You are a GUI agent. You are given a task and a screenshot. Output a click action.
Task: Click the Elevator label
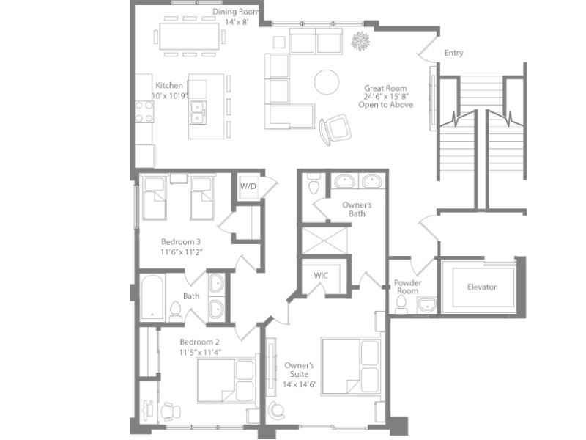pos(482,287)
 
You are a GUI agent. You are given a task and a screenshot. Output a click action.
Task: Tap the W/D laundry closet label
pos(248,186)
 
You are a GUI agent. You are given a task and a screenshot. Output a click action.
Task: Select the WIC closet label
pos(321,276)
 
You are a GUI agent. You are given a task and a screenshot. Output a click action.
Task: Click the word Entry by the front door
pos(453,53)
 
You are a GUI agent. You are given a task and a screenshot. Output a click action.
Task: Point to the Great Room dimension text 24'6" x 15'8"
pos(386,97)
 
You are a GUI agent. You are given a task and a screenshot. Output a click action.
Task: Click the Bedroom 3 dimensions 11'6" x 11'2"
pos(182,252)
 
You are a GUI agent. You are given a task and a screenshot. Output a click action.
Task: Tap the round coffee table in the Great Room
pos(327,82)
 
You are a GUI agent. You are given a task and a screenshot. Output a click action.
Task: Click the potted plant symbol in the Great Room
pos(360,41)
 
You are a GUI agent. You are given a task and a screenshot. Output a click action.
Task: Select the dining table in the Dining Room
pos(190,36)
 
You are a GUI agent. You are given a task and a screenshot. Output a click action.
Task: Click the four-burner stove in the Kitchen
pos(144,111)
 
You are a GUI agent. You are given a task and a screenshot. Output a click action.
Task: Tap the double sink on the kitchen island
pos(198,112)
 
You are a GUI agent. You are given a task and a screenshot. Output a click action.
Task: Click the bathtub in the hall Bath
pos(152,298)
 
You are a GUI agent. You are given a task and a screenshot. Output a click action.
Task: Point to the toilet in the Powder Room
pos(401,305)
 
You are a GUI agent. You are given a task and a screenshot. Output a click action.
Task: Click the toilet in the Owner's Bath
pos(314,184)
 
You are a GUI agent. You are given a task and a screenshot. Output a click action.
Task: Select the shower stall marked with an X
pos(324,241)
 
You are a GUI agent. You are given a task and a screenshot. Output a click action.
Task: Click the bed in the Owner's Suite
pos(351,366)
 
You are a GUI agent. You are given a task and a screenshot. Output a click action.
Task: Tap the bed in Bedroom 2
pos(226,380)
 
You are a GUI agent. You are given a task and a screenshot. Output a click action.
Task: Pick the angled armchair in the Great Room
pos(335,130)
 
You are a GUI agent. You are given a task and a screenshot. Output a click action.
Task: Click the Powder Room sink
pos(427,305)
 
